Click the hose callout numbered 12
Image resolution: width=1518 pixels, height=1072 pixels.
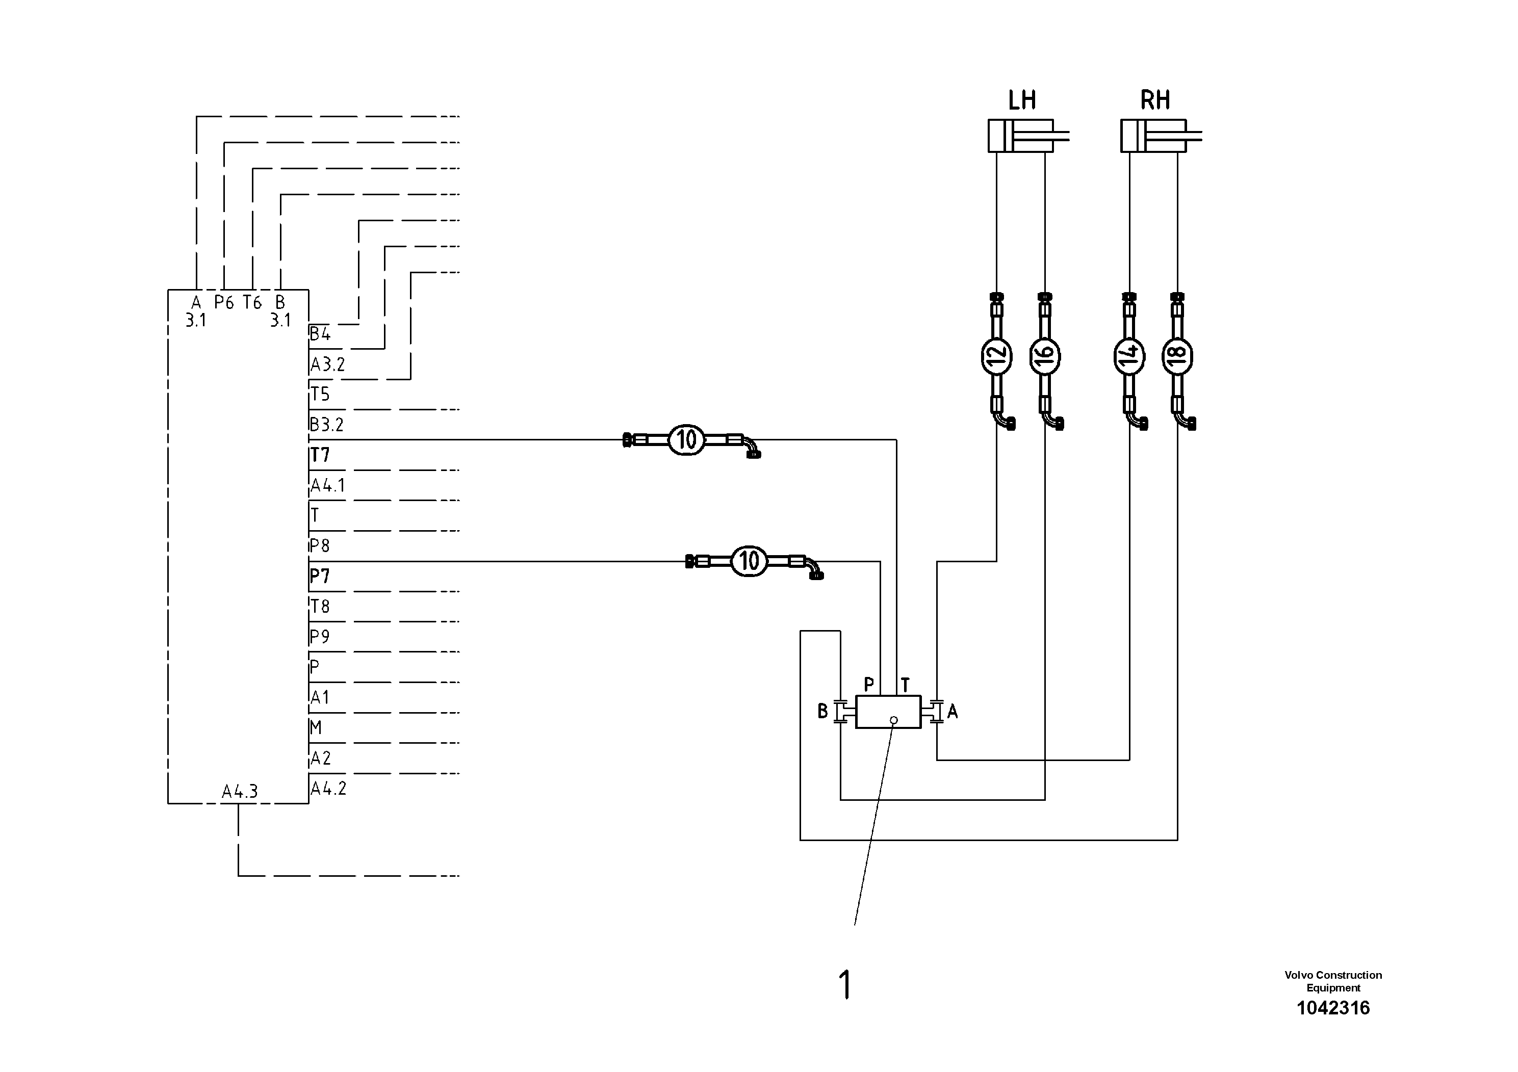996,356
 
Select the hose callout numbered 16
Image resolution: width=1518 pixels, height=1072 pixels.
1045,356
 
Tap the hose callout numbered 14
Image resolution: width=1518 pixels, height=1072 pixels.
1129,356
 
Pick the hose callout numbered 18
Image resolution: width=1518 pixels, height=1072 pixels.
1177,356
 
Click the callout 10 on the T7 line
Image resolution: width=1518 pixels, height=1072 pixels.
687,439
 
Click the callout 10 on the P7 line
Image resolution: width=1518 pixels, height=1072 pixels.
749,561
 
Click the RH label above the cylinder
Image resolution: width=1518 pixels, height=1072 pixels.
1155,100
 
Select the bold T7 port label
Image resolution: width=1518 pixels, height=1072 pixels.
320,455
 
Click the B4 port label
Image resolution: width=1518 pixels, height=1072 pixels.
320,334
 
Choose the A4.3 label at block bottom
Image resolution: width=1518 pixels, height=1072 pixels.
239,791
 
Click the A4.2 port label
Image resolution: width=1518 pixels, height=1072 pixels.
328,789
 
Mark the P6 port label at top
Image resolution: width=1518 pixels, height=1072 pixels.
224,303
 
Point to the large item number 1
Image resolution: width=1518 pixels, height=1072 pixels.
845,985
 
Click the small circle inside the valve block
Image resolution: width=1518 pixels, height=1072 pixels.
894,720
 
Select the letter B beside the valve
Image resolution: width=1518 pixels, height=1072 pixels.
822,711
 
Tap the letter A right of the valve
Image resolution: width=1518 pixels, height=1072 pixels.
953,711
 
